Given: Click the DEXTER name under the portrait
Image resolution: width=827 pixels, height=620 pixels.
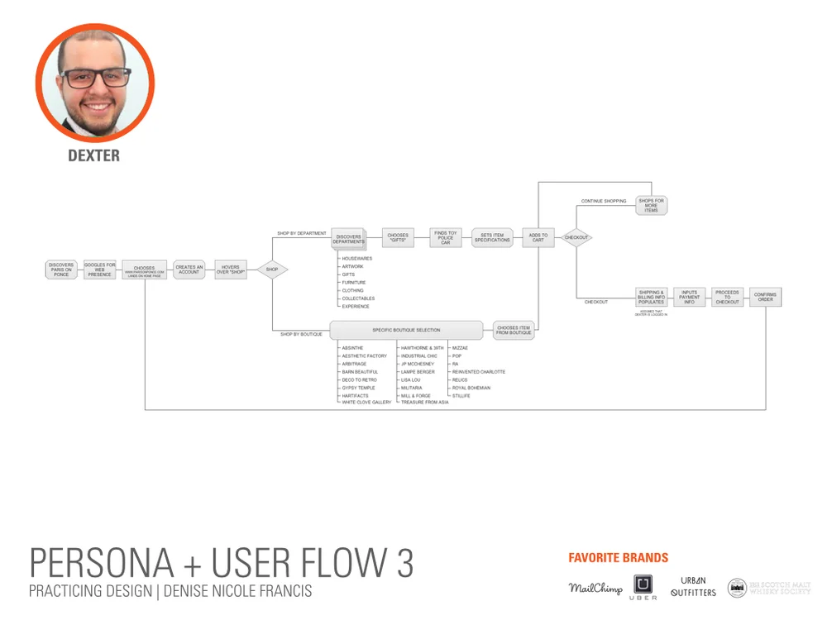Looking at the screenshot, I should tap(93, 155).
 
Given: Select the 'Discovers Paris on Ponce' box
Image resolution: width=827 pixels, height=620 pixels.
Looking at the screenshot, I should tap(61, 269).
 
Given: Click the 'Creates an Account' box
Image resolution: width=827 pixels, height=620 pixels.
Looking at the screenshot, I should tap(189, 269).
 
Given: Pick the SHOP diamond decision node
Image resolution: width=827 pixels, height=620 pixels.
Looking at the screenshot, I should tap(272, 269).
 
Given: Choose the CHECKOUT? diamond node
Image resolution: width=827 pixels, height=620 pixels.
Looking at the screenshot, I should tap(576, 238).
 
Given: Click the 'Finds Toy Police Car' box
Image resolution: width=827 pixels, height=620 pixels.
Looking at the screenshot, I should tap(446, 238).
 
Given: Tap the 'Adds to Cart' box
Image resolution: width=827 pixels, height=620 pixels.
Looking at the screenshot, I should tap(538, 238).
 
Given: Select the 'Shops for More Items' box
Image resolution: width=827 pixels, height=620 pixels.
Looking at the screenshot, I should tap(652, 205).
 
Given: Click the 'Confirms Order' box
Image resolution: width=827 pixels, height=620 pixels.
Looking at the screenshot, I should tap(765, 297).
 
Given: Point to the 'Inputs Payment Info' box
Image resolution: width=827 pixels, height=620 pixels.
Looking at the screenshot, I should tap(690, 297).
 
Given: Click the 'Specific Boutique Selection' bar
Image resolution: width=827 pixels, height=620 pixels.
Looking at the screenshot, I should tap(406, 331).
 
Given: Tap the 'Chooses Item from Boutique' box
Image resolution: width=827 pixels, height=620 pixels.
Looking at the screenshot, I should tap(514, 331).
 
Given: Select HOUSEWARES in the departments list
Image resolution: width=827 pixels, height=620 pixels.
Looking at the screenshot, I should tap(357, 259).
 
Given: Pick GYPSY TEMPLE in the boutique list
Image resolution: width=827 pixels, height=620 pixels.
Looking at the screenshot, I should tap(358, 388).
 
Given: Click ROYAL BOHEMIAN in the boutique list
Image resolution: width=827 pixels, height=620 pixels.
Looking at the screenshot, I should tap(471, 388).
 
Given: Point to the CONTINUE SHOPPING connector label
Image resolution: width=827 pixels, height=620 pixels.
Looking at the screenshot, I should tap(604, 201).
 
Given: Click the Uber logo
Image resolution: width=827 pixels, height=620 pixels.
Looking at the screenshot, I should tap(645, 587).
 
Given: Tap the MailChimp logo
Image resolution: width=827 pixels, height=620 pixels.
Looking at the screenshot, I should tap(595, 589).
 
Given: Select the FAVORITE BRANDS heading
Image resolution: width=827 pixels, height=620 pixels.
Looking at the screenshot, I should tap(619, 558).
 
